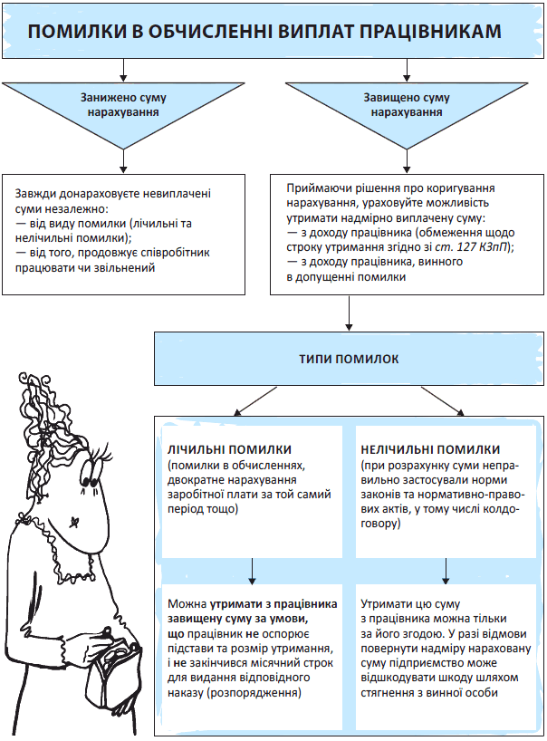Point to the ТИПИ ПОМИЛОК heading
(349, 359)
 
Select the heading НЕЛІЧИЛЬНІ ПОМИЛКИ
(430, 449)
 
